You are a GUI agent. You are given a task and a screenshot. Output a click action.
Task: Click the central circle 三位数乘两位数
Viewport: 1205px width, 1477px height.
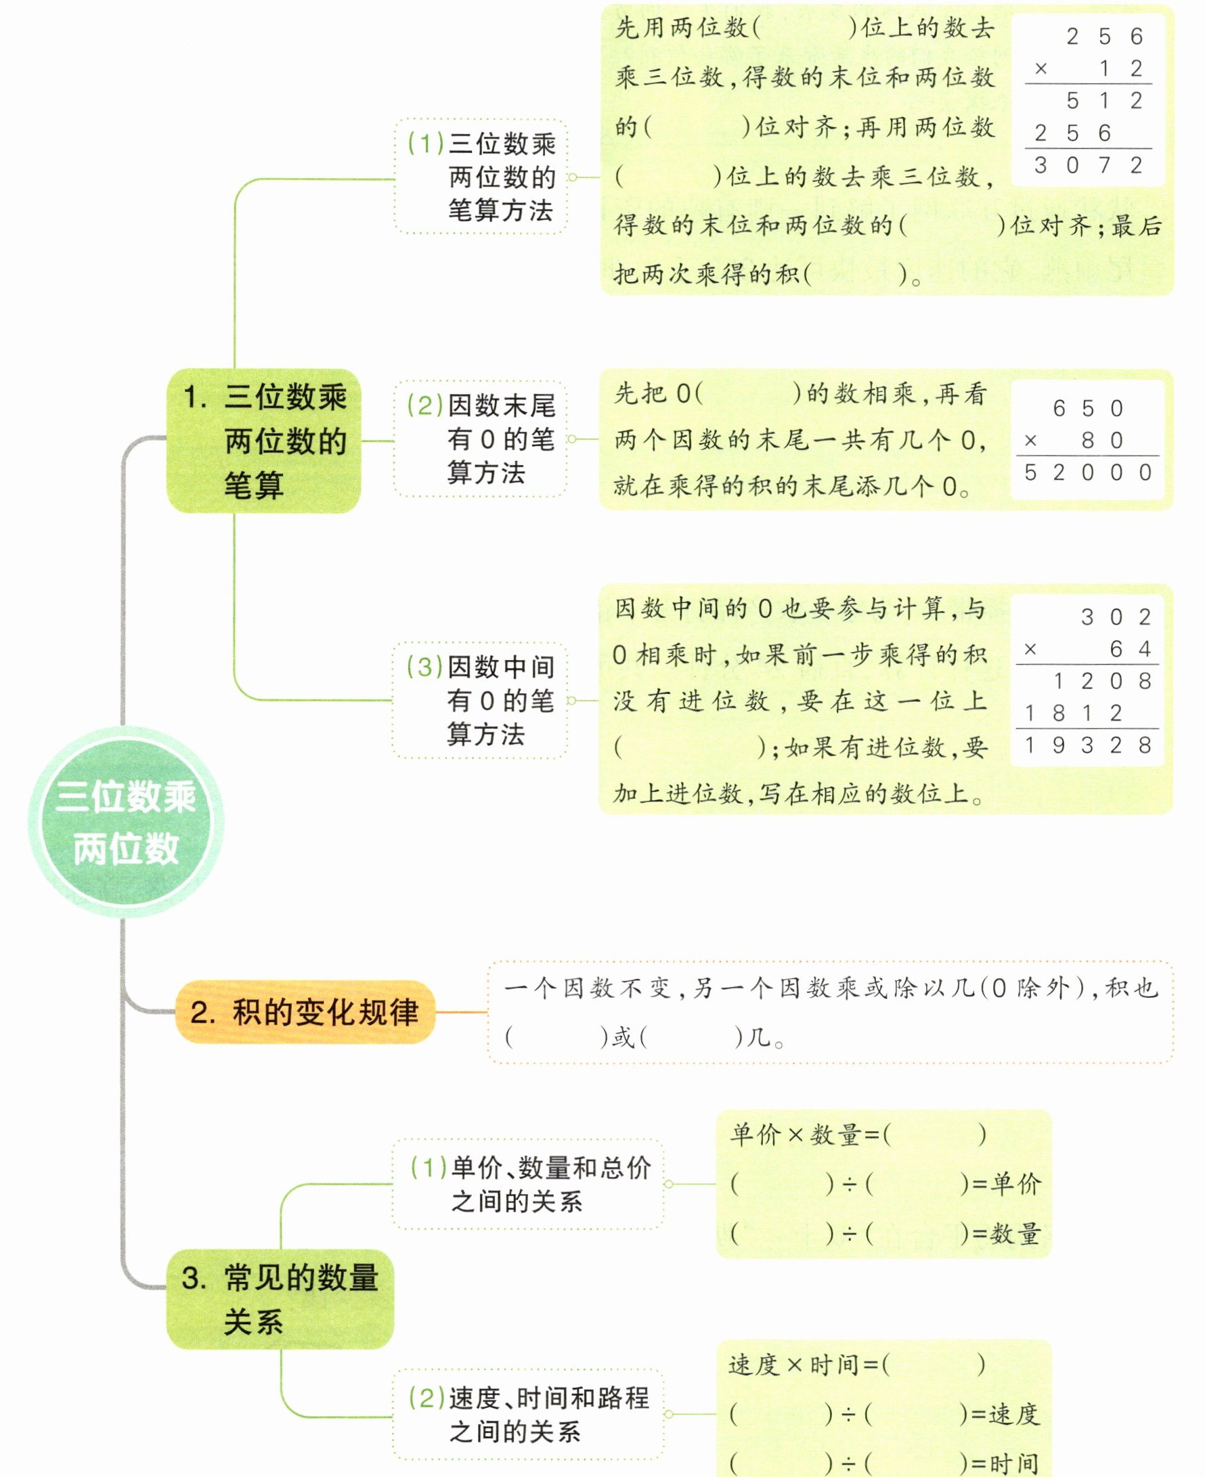point(126,822)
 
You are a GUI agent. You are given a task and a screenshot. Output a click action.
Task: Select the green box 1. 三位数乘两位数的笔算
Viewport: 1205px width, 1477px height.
point(264,441)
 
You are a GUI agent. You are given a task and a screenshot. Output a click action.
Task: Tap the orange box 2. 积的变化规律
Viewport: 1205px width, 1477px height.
point(305,1012)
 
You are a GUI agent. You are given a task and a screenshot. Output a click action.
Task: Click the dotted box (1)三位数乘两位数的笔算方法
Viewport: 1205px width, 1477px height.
point(481,177)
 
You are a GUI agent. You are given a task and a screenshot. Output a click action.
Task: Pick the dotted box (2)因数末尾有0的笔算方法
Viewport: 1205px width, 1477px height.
point(481,439)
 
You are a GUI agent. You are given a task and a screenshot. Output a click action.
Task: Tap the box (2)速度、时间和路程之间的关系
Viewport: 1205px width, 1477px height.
point(528,1414)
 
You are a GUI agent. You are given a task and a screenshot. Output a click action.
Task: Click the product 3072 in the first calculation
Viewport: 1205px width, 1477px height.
point(1088,165)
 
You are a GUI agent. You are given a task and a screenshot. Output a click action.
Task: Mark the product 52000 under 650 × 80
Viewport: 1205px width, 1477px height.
point(1088,472)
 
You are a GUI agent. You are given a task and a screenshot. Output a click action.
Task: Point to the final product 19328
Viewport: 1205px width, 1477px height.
point(1088,745)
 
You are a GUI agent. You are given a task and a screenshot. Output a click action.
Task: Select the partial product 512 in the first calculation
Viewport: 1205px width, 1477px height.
point(1103,101)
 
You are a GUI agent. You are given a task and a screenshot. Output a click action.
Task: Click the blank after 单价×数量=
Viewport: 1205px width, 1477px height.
point(934,1134)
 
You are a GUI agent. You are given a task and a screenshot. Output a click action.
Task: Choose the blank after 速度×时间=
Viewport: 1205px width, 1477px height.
point(933,1365)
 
